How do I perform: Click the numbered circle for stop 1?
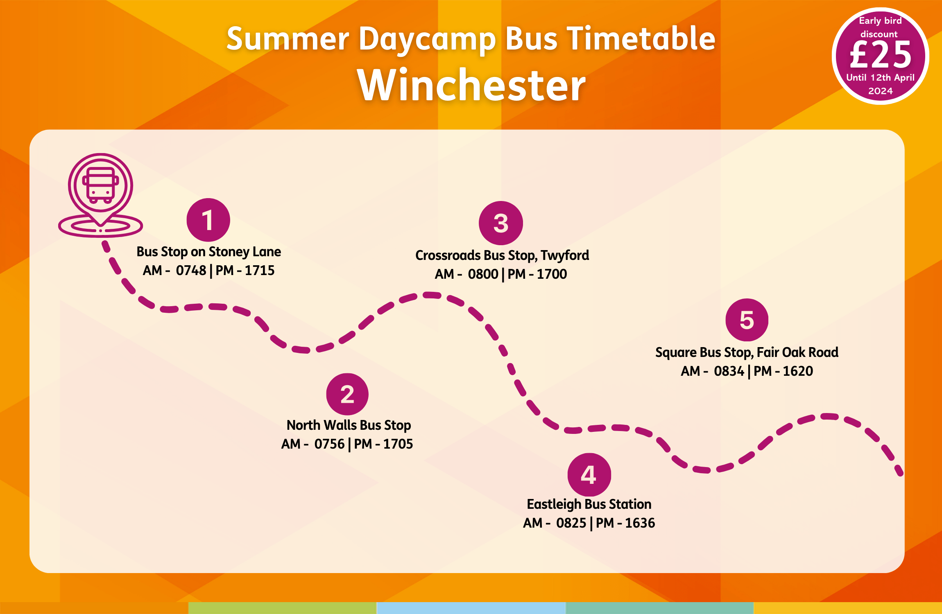click(x=208, y=220)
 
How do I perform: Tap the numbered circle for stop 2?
click(x=347, y=394)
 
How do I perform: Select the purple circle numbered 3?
click(x=500, y=223)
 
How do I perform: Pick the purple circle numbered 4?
click(x=589, y=475)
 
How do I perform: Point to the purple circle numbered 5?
click(x=747, y=320)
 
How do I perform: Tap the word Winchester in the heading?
click(x=471, y=85)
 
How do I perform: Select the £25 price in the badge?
click(x=881, y=55)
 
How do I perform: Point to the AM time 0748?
click(x=191, y=271)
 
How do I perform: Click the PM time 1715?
click(x=260, y=271)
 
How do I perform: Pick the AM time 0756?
click(x=329, y=444)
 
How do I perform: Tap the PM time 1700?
click(x=552, y=274)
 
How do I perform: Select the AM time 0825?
click(x=571, y=523)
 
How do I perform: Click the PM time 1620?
click(x=798, y=371)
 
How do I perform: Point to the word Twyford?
click(x=565, y=256)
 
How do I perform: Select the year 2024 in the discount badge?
click(x=881, y=91)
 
